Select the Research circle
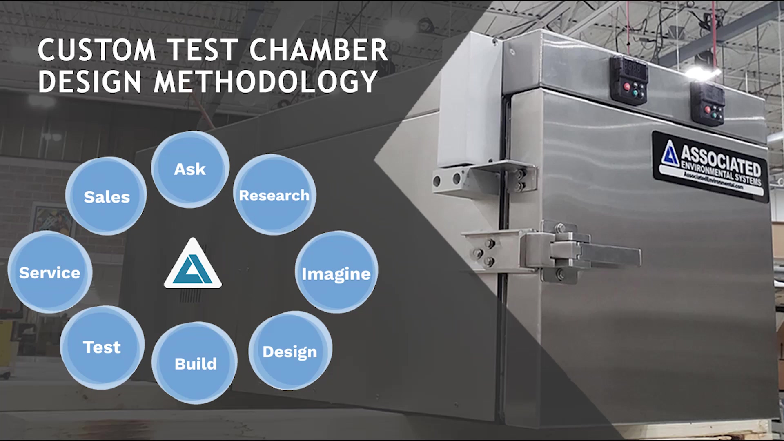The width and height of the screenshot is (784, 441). [274, 195]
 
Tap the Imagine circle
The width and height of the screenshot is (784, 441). [336, 272]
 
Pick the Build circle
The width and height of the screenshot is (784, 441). [195, 363]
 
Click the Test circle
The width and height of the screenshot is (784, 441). [102, 347]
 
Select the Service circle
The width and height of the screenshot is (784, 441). [50, 272]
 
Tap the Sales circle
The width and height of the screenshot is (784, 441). [106, 196]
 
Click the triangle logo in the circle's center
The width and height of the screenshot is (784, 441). [193, 265]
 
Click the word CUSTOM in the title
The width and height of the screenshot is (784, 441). [97, 50]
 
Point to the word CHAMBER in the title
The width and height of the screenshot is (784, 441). [318, 50]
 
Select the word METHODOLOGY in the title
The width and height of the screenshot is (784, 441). [265, 81]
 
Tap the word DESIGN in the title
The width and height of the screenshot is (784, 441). [90, 81]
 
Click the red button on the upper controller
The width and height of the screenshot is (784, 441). [627, 87]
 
